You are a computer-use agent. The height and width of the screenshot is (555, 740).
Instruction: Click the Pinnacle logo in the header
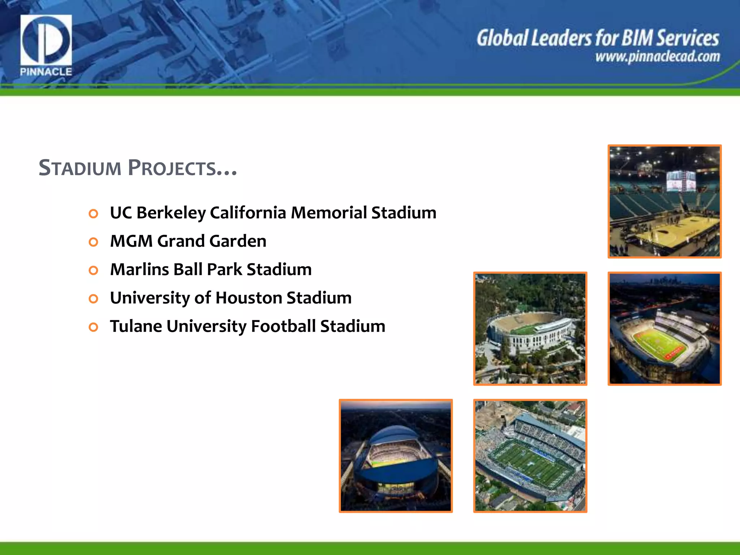(x=46, y=45)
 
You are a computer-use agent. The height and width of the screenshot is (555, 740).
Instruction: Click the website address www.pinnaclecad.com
(x=658, y=57)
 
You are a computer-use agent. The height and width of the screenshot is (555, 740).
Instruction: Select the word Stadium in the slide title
(x=80, y=168)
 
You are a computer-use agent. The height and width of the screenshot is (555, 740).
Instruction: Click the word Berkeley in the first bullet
(x=171, y=213)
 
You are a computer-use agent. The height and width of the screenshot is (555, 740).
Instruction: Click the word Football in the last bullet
(x=283, y=326)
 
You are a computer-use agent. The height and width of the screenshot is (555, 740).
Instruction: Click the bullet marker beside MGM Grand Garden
(x=94, y=242)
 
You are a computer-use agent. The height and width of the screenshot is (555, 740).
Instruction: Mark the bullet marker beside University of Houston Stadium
(x=94, y=298)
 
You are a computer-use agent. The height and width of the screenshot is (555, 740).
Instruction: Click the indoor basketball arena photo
(x=664, y=201)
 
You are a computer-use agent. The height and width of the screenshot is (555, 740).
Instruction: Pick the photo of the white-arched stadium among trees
(x=530, y=328)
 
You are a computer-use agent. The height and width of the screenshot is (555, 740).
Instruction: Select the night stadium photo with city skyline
(x=664, y=328)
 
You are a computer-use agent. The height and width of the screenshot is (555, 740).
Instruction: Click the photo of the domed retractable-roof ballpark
(x=396, y=456)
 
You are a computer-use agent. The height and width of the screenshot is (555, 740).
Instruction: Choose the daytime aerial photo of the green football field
(x=530, y=456)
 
